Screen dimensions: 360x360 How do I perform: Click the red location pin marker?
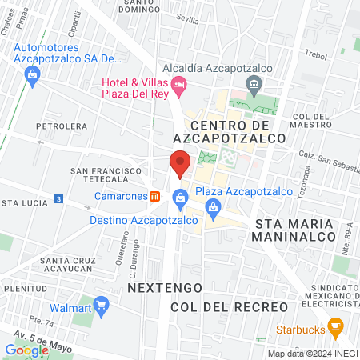click(180, 163)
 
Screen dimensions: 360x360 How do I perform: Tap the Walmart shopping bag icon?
click(101, 306)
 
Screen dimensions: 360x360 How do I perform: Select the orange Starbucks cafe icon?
click(336, 326)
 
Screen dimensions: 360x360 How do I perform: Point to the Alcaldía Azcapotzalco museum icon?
click(254, 83)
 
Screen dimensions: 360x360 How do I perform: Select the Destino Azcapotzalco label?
click(136, 218)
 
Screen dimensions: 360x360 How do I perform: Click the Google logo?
click(26, 350)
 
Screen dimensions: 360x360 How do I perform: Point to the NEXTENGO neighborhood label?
click(159, 286)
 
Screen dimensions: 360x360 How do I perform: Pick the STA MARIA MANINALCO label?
click(293, 230)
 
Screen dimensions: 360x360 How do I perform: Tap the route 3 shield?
click(58, 198)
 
